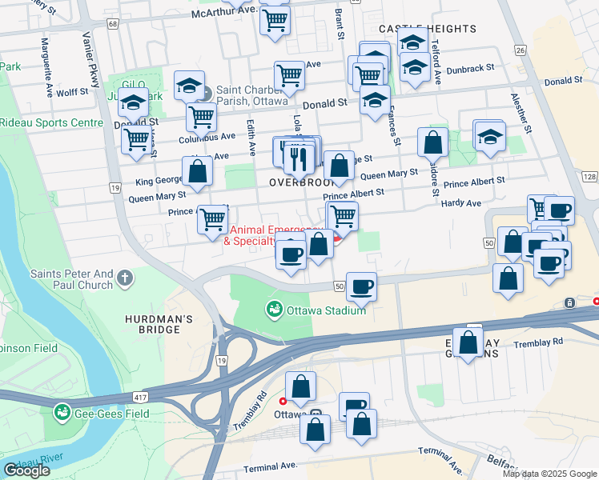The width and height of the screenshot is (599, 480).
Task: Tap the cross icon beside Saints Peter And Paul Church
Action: click(123, 278)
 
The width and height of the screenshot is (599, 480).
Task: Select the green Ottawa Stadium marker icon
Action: click(274, 308)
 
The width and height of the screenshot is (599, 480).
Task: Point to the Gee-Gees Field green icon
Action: click(62, 413)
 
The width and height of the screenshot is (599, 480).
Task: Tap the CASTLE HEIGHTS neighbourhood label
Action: click(427, 29)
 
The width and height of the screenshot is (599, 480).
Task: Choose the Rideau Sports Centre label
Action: click(51, 123)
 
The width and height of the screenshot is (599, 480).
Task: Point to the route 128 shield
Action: click(589, 177)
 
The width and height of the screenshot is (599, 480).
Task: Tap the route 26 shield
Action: click(520, 50)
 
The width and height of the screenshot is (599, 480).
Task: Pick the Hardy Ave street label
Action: click(461, 203)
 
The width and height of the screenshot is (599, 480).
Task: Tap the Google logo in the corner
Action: click(26, 470)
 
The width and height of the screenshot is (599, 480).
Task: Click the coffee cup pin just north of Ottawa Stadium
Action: click(361, 287)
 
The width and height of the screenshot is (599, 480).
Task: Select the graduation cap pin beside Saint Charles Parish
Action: click(189, 86)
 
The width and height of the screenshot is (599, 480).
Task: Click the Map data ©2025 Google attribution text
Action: click(549, 474)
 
